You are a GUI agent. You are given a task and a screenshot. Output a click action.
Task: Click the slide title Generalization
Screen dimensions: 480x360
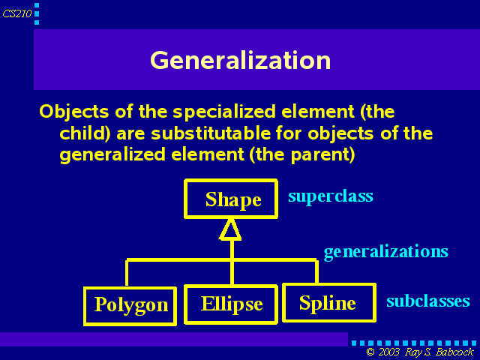pyautogui.click(x=240, y=61)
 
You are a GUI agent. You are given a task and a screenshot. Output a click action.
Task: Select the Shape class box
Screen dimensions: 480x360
pyautogui.click(x=231, y=199)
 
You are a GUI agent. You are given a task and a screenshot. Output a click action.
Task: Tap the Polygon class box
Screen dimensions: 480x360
pyautogui.click(x=130, y=306)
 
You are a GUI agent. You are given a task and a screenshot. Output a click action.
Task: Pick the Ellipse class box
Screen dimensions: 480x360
pyautogui.click(x=231, y=304)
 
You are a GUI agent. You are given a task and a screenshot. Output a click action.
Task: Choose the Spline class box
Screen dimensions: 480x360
pyautogui.click(x=329, y=302)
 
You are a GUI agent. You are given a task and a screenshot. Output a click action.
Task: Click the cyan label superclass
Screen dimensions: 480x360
pyautogui.click(x=331, y=196)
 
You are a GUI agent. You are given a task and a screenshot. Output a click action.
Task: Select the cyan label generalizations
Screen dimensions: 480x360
pyautogui.click(x=386, y=252)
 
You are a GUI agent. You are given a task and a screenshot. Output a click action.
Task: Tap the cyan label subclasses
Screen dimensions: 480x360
pyautogui.click(x=428, y=301)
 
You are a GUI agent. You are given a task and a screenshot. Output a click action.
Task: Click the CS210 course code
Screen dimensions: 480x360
pyautogui.click(x=17, y=13)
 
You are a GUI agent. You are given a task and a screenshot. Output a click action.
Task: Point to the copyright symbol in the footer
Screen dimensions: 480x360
pyautogui.click(x=370, y=352)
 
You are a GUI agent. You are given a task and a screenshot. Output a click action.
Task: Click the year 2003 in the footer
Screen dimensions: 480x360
pyautogui.click(x=389, y=352)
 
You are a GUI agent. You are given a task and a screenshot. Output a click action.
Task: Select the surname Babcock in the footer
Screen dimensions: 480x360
pyautogui.click(x=454, y=352)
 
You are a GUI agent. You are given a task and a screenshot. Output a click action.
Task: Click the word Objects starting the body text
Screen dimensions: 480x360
pyautogui.click(x=74, y=112)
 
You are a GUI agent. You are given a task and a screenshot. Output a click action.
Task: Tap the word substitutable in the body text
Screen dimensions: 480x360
pyautogui.click(x=211, y=133)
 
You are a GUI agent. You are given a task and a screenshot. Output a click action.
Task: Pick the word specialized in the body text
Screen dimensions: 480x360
pyautogui.click(x=224, y=112)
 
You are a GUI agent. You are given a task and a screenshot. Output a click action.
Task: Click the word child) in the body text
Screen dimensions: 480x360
pyautogui.click(x=85, y=133)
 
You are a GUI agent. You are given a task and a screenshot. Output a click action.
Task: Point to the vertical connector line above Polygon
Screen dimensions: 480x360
pyautogui.click(x=127, y=272)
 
